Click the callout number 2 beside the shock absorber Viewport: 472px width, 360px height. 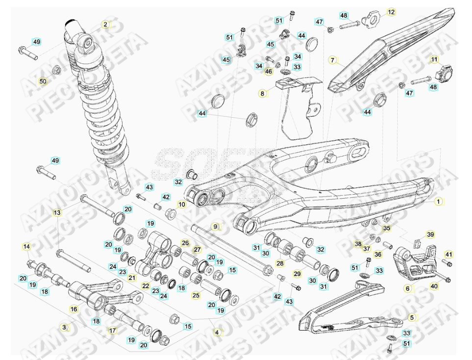105,24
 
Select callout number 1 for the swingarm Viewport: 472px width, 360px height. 439,201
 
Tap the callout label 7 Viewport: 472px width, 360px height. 333,60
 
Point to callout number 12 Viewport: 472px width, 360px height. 391,12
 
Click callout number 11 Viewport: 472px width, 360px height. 434,59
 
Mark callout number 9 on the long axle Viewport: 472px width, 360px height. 214,227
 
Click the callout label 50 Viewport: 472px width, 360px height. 43,81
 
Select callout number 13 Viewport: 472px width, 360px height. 57,212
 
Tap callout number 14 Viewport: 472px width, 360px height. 26,246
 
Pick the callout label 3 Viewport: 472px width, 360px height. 64,327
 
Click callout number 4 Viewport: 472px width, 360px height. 217,332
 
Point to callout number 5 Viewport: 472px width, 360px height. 412,317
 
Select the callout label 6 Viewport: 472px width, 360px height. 408,289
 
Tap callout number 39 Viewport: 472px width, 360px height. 430,234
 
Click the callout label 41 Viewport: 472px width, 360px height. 448,254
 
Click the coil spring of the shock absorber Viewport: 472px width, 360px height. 105,113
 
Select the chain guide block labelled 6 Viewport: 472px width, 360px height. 416,262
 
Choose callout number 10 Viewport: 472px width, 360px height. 181,204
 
